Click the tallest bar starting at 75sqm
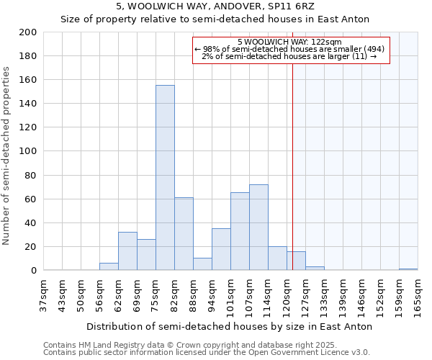[x=165, y=178]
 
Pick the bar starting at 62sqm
[x=127, y=251]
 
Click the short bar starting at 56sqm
[x=109, y=266]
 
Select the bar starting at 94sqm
[x=221, y=249]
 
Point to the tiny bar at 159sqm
[x=408, y=269]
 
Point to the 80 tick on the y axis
[x=32, y=175]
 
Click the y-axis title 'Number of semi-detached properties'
[x=7, y=156]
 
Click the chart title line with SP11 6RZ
[x=215, y=6]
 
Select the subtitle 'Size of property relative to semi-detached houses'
[x=215, y=19]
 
